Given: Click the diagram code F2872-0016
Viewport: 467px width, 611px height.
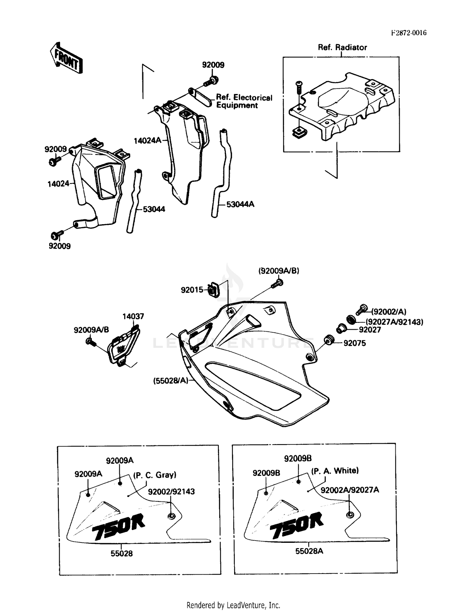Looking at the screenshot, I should click(x=408, y=33).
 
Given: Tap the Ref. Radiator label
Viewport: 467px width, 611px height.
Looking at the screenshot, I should click(x=342, y=47).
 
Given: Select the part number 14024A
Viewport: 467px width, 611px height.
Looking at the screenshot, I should click(x=147, y=141).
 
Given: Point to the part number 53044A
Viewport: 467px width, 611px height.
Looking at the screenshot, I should click(x=240, y=204).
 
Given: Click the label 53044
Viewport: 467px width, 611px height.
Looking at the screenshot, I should click(x=154, y=209).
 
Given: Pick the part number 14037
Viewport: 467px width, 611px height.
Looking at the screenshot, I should click(x=133, y=316).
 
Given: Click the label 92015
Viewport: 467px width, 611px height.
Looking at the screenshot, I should click(x=191, y=290).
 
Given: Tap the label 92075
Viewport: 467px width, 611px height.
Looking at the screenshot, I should click(x=354, y=343).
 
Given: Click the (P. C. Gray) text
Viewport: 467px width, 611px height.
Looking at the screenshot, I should click(x=155, y=475).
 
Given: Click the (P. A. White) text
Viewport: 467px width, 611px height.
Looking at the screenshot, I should click(x=335, y=471).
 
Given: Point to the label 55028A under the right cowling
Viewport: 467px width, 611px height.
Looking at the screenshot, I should click(x=309, y=551).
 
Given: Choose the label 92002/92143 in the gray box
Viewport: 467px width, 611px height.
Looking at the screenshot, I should click(x=171, y=491).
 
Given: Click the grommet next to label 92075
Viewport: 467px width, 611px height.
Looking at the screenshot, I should click(x=329, y=340).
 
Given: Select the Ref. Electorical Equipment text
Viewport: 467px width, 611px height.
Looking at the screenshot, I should click(x=244, y=102).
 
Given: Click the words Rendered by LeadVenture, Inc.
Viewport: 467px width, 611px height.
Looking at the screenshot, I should click(x=233, y=605).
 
